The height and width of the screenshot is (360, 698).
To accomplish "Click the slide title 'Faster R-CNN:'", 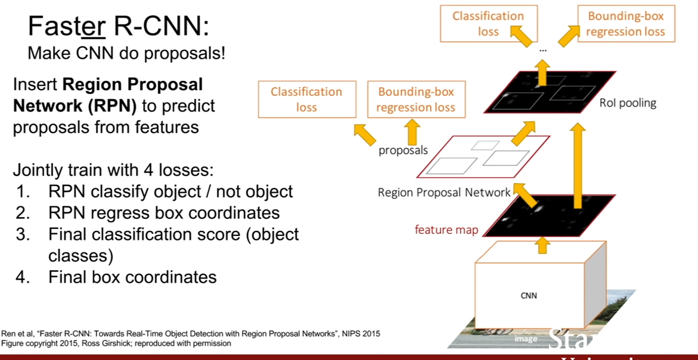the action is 118,26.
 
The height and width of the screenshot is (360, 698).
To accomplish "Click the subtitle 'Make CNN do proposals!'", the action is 126,53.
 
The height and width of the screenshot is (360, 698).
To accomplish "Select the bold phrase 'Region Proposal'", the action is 132,85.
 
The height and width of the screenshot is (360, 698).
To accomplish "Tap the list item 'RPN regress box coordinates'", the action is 164,213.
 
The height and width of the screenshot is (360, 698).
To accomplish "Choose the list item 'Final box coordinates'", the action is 132,277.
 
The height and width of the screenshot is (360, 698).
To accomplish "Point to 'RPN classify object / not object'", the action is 171,192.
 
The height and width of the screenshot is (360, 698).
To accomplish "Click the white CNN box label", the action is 529,296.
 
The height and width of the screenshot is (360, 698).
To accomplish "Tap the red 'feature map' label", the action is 446,230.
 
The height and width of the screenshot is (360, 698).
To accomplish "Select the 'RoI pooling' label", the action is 628,103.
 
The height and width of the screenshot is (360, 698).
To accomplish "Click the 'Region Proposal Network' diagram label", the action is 444,192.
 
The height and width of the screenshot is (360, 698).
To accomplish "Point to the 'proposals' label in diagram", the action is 403,150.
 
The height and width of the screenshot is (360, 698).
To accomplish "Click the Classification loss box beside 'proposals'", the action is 307,99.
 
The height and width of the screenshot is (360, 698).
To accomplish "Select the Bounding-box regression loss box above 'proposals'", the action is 416,99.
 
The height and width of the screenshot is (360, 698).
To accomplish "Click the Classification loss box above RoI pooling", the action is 489,24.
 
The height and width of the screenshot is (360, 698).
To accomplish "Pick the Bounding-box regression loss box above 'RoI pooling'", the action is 626,24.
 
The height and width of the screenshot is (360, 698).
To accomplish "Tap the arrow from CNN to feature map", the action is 543,246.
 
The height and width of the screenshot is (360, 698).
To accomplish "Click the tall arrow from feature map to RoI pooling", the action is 578,165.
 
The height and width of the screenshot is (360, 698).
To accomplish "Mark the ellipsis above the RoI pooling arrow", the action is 543,50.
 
